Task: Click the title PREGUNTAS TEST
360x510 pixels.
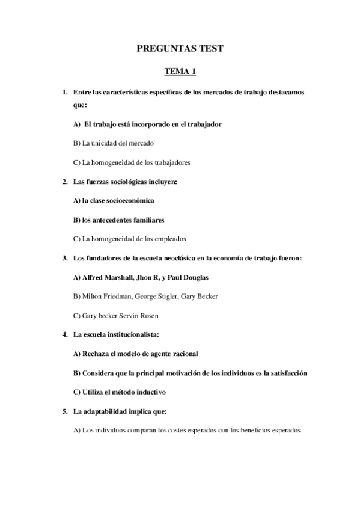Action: pyautogui.click(x=180, y=49)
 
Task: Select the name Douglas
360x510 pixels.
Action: pyautogui.click(x=195, y=278)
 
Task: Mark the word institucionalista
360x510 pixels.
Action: pyautogui.click(x=132, y=335)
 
